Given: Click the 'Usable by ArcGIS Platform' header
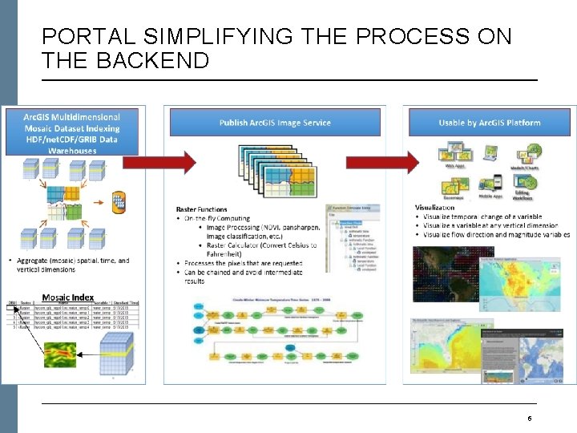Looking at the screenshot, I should pyautogui.click(x=489, y=123).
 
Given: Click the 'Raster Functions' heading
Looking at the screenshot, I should pyautogui.click(x=201, y=210).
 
